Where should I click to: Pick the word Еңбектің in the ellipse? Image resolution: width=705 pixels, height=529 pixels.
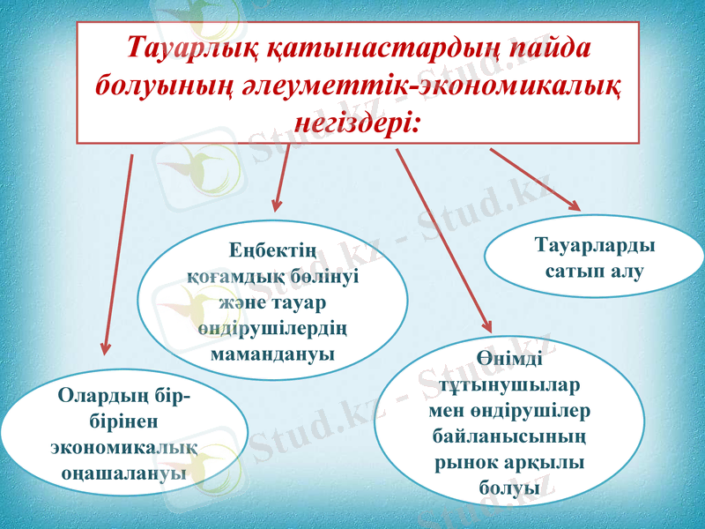point(274,252)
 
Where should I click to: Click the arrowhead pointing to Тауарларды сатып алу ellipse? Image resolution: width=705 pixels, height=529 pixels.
point(575,206)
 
